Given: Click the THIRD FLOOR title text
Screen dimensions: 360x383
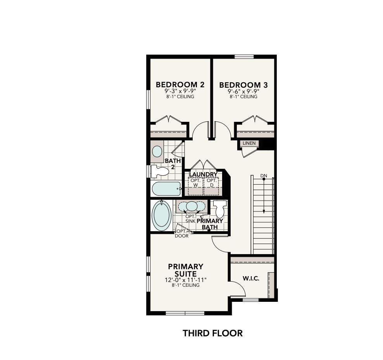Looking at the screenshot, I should (x=212, y=333).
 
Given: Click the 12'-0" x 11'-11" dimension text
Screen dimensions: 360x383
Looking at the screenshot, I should (x=185, y=280).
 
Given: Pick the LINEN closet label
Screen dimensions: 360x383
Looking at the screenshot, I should (x=249, y=143).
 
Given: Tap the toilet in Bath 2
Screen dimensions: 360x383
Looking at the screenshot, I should (x=159, y=171).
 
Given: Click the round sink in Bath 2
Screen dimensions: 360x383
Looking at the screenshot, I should (x=157, y=151).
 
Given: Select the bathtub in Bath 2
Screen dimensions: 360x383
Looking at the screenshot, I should (x=166, y=189).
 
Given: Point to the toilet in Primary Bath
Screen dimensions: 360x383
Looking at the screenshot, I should (x=220, y=209).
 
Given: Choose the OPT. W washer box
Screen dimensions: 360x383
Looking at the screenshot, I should (x=195, y=183).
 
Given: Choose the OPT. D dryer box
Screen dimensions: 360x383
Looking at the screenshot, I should (x=211, y=183).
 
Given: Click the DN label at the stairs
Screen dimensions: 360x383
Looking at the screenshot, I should (x=264, y=176).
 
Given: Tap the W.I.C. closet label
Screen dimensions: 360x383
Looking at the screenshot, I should (x=251, y=279).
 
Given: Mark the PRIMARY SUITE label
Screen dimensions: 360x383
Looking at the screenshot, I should (x=185, y=270).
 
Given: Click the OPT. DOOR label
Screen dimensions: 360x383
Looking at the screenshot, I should (x=181, y=233).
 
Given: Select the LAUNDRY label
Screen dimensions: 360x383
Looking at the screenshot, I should (x=203, y=175).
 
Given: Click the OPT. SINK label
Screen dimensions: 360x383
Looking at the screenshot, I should (x=190, y=218).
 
